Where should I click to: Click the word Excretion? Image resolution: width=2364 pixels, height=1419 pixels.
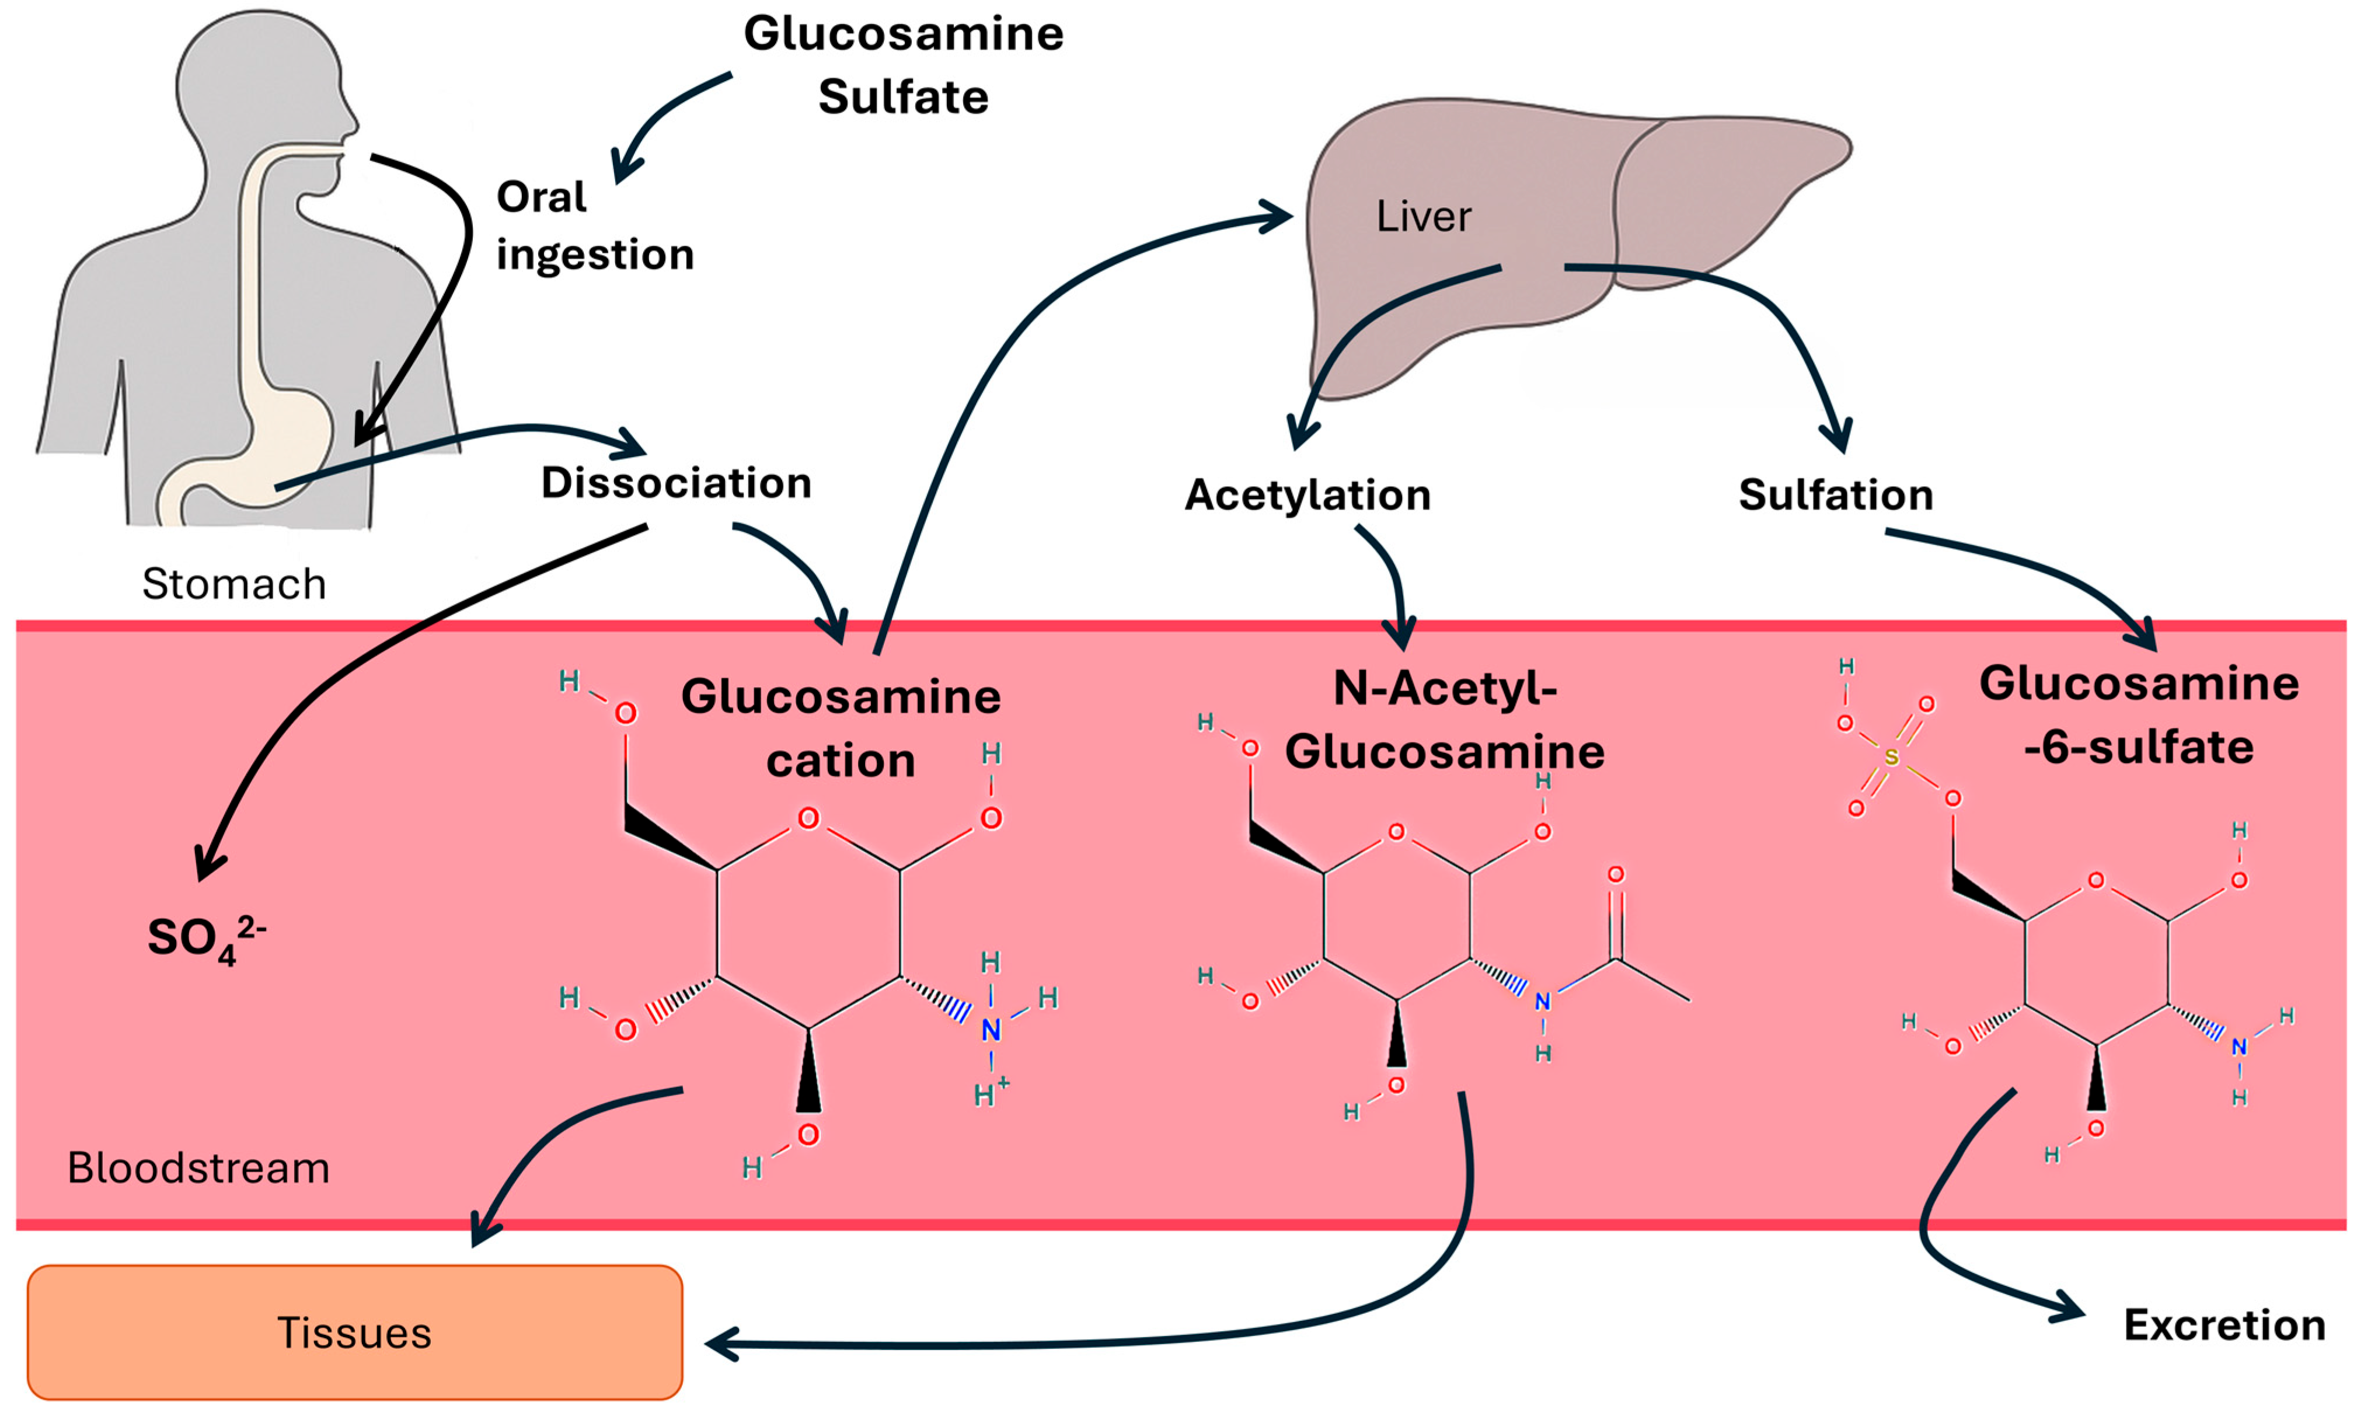(2223, 1325)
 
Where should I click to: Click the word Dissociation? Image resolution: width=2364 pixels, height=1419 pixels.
(676, 483)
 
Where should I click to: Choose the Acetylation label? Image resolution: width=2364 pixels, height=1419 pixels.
(1307, 496)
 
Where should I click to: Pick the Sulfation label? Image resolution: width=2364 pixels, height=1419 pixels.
(1835, 496)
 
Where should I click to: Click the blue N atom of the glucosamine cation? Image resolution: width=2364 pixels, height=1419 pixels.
(991, 1030)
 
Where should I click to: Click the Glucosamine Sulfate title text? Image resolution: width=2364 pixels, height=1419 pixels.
(904, 65)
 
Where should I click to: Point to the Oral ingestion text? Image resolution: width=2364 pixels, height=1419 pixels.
(592, 226)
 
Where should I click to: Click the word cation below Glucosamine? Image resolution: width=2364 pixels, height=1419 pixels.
(841, 761)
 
